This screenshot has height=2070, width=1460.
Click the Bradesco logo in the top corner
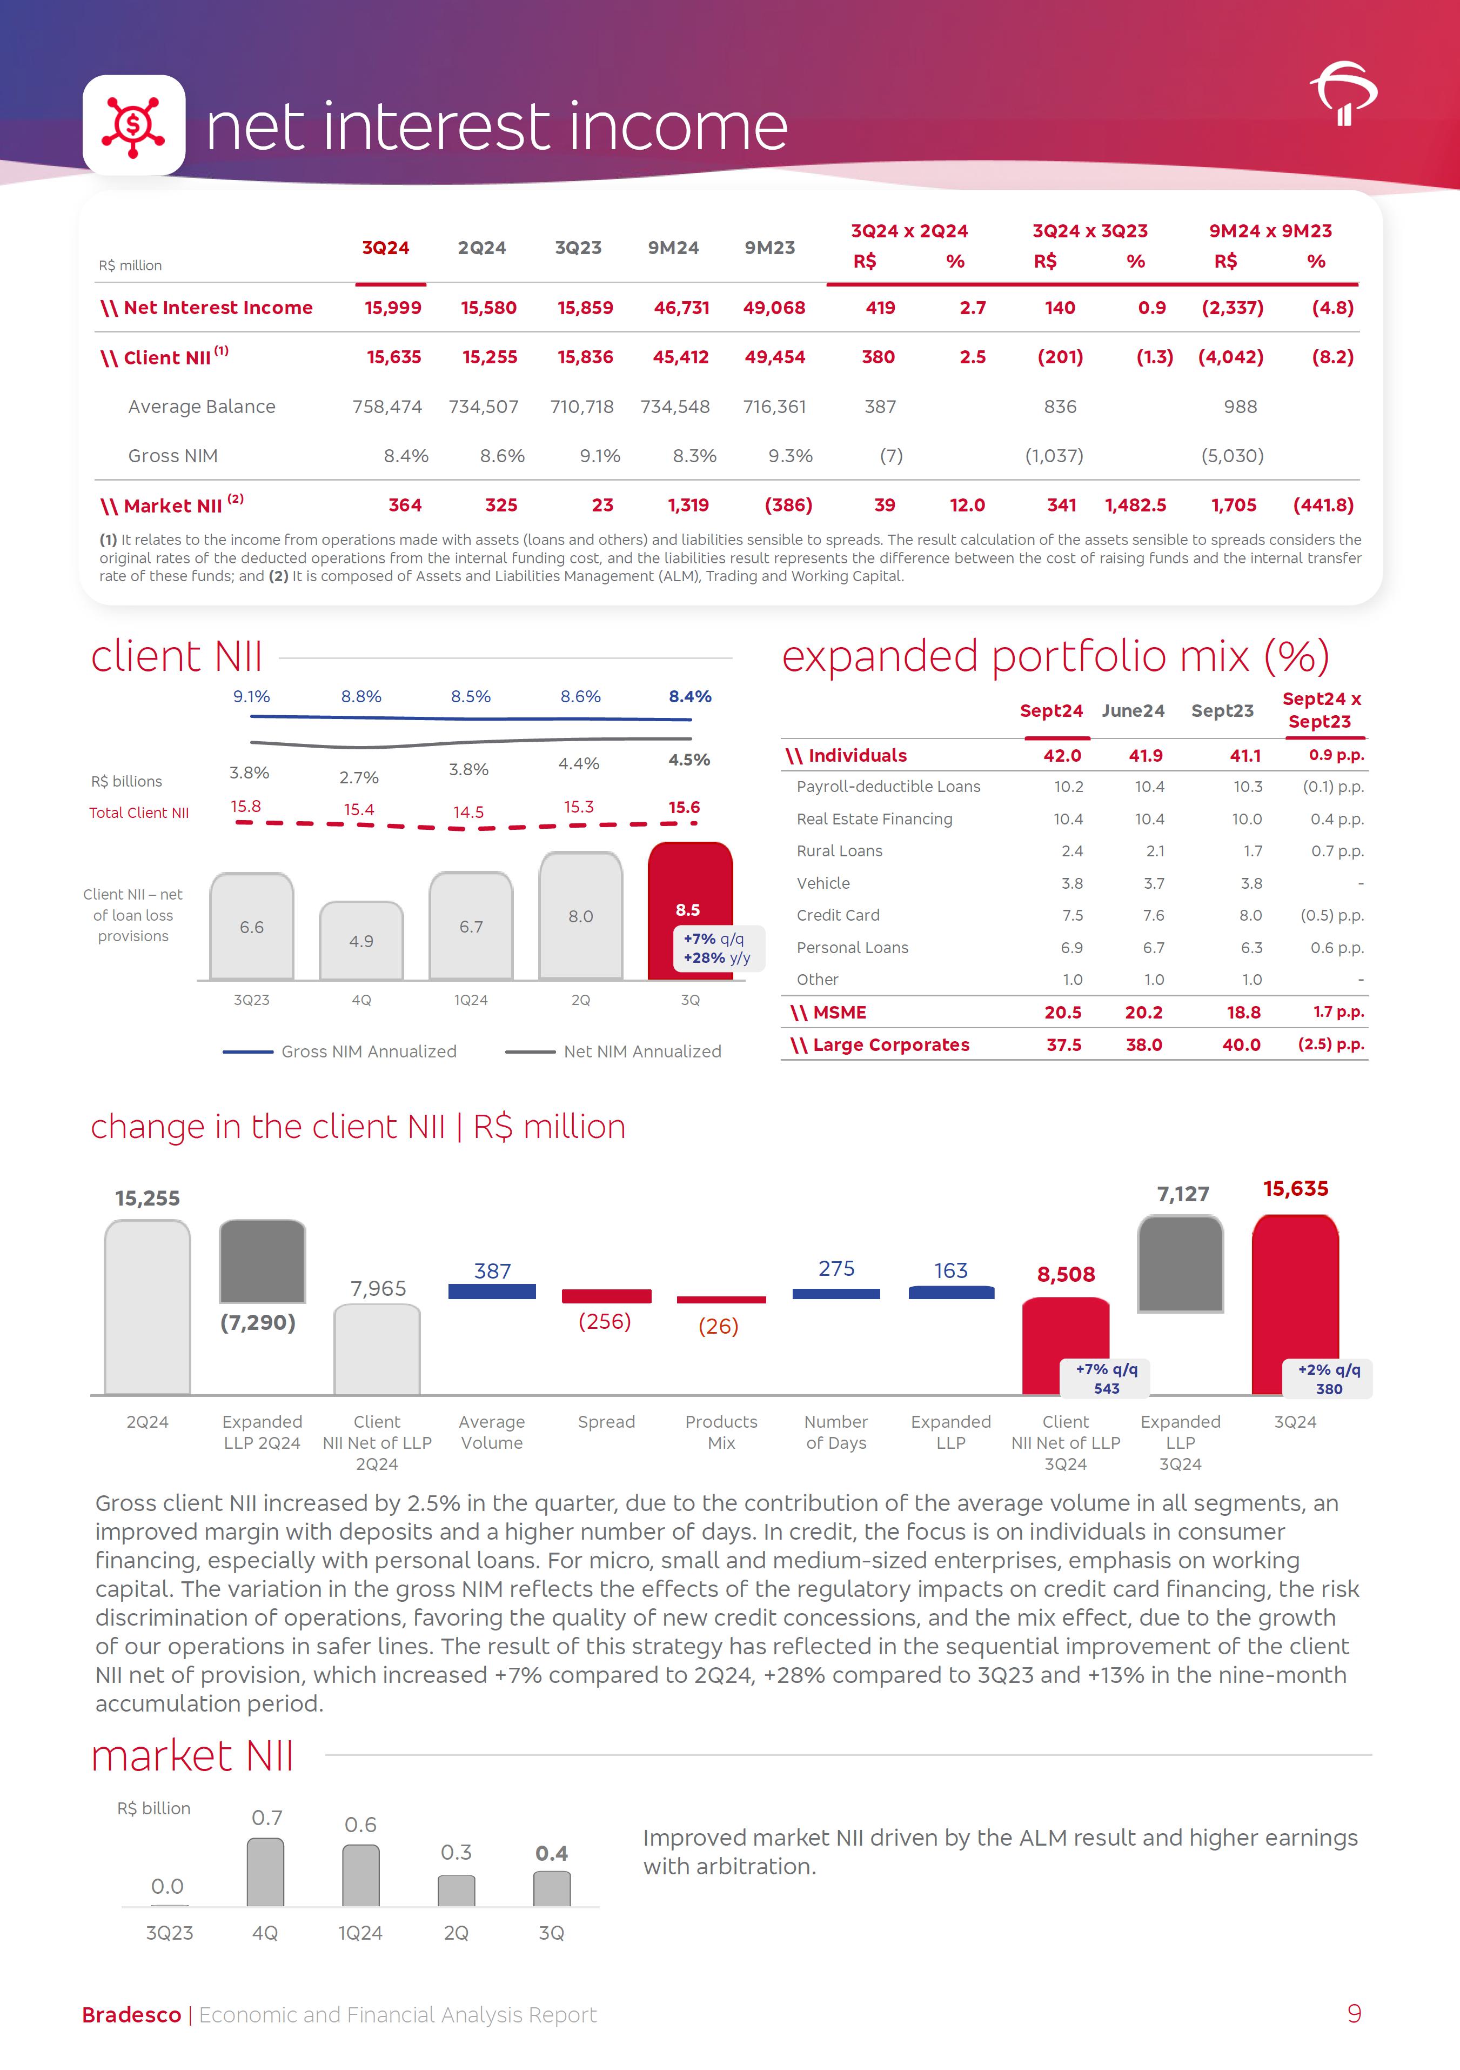pos(1343,93)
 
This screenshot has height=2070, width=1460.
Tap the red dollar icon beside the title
pos(133,125)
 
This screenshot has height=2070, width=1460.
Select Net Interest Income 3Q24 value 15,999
pos(393,308)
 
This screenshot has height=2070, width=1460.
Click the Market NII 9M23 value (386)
pos(788,506)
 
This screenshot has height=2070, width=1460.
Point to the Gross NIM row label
pos(173,456)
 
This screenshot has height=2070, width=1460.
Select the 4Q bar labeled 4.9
pos(361,940)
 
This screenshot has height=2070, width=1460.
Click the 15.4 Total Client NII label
pos(359,810)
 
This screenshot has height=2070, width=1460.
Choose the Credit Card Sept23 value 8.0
pos(1250,915)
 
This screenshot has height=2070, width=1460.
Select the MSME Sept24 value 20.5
pos(1062,1013)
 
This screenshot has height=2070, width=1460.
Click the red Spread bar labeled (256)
pos(606,1296)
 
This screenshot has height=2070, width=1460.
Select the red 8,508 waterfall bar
pos(1065,1343)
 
